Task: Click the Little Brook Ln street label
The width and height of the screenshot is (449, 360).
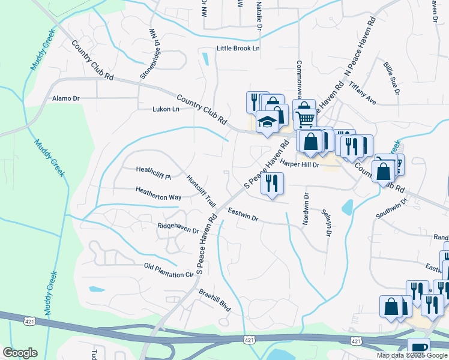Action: click(238, 49)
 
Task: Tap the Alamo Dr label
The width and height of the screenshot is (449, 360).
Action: click(66, 98)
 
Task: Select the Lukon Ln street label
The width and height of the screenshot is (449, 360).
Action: click(166, 109)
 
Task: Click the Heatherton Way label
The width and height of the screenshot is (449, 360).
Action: click(158, 196)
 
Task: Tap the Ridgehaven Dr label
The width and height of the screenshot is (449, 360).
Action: click(178, 228)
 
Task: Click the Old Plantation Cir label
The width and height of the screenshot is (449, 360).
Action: click(170, 270)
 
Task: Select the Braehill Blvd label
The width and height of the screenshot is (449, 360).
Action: click(215, 298)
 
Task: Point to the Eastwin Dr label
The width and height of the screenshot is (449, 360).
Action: click(243, 215)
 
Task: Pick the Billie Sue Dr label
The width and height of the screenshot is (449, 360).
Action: click(390, 78)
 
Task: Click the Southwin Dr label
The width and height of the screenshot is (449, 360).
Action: click(391, 208)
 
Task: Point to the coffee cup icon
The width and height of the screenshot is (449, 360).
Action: click(418, 349)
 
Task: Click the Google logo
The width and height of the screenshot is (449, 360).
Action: click(20, 353)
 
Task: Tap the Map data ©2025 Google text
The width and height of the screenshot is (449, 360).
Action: click(411, 355)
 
